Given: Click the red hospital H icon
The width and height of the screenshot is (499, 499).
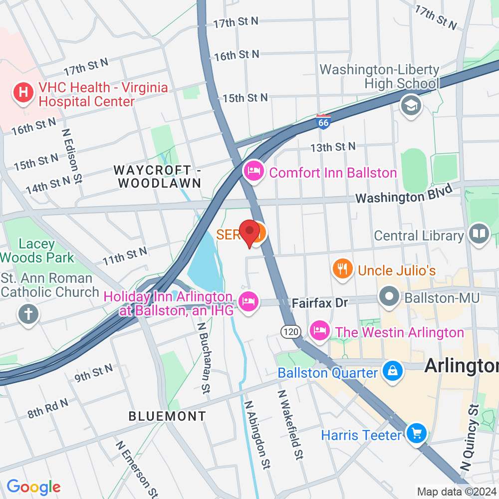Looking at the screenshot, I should point(23,93).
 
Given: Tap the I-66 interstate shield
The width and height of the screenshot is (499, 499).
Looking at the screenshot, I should point(323,121).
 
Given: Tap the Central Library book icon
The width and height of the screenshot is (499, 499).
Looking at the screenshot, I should point(479,234).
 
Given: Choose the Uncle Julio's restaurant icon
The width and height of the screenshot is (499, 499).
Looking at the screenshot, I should point(342,269).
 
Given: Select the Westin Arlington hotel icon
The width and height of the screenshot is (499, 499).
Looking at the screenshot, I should point(320,331).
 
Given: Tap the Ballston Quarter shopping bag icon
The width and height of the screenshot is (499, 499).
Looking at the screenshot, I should point(393,371).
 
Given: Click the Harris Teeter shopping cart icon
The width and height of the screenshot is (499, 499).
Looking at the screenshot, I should point(416,433).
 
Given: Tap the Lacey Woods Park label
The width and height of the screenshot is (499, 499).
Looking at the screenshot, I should point(37,250).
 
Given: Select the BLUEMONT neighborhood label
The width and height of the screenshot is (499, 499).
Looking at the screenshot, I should point(167,416).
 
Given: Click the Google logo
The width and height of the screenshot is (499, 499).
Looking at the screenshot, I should point(33,487).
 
